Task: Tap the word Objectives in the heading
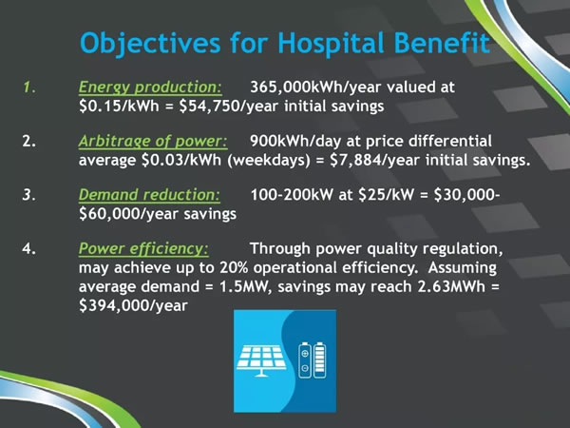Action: click(x=150, y=44)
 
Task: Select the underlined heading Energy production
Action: click(x=150, y=88)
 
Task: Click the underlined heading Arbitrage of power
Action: click(x=153, y=142)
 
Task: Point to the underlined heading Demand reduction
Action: click(x=149, y=195)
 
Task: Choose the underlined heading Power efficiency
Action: click(x=144, y=249)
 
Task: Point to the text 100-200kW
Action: click(x=292, y=195)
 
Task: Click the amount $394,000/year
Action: click(x=133, y=305)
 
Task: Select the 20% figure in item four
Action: click(x=234, y=268)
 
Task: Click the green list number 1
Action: click(x=29, y=88)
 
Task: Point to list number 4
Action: click(x=29, y=249)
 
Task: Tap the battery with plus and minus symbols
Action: click(x=305, y=360)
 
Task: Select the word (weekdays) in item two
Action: click(x=269, y=161)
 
